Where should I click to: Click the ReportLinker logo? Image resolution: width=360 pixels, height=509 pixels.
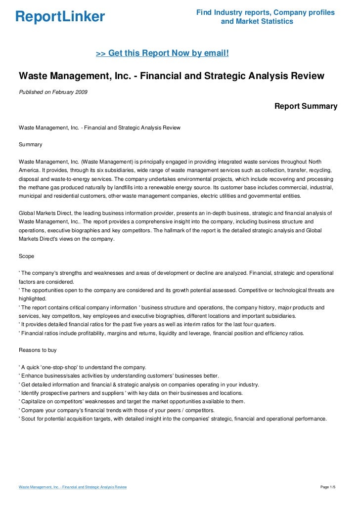(60, 17)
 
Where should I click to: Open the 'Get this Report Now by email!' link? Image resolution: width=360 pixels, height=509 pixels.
(162, 52)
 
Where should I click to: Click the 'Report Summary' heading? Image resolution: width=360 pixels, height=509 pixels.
(306, 106)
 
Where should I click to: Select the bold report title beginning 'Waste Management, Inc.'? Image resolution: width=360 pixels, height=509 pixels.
(171, 76)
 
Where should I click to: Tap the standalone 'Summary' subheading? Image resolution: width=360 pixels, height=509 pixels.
(30, 145)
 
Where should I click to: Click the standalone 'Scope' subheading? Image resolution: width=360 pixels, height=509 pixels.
(27, 256)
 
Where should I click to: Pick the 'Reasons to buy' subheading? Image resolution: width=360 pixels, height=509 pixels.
(38, 350)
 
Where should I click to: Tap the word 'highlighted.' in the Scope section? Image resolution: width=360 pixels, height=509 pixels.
(33, 298)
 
